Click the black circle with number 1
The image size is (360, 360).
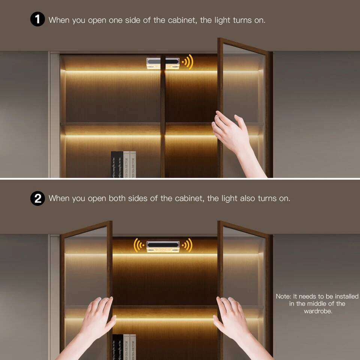pos(37,19)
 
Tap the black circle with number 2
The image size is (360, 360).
pos(37,198)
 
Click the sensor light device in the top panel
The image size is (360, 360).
pos(163,63)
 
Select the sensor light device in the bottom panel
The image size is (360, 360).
pos(163,246)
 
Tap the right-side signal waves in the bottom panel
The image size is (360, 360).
pos(187,245)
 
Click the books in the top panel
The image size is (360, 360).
pos(123,164)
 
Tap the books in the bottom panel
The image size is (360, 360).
pos(123,346)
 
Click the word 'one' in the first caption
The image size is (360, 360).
pos(115,20)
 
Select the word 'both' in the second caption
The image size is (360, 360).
pos(117,198)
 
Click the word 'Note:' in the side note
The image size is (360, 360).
pos(284,296)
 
